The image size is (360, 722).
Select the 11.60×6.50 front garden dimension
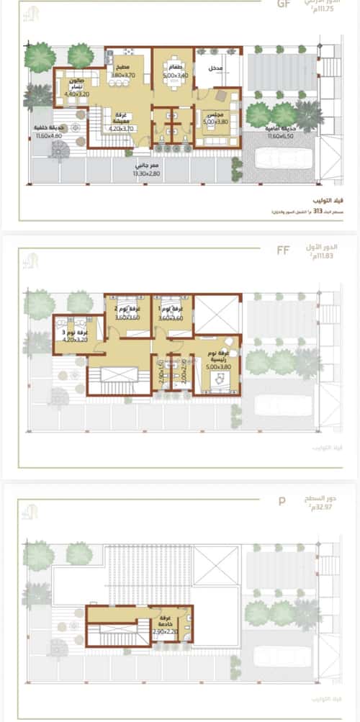(280, 136)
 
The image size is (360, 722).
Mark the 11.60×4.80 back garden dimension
(47, 135)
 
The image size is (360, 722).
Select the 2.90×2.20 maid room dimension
(165, 631)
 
